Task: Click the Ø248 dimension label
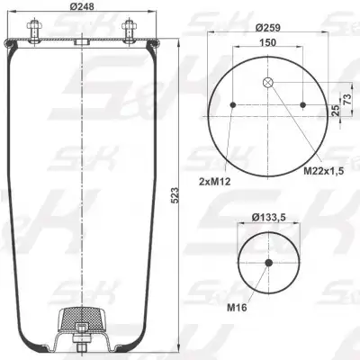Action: click(82, 6)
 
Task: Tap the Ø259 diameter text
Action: click(268, 28)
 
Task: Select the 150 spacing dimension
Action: click(267, 42)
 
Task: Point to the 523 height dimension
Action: click(175, 195)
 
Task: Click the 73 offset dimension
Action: click(346, 99)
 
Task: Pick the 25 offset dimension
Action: click(337, 110)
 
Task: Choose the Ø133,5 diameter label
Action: click(268, 217)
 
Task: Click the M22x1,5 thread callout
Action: click(324, 171)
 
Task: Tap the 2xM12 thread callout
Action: click(215, 181)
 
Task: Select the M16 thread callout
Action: click(237, 307)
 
